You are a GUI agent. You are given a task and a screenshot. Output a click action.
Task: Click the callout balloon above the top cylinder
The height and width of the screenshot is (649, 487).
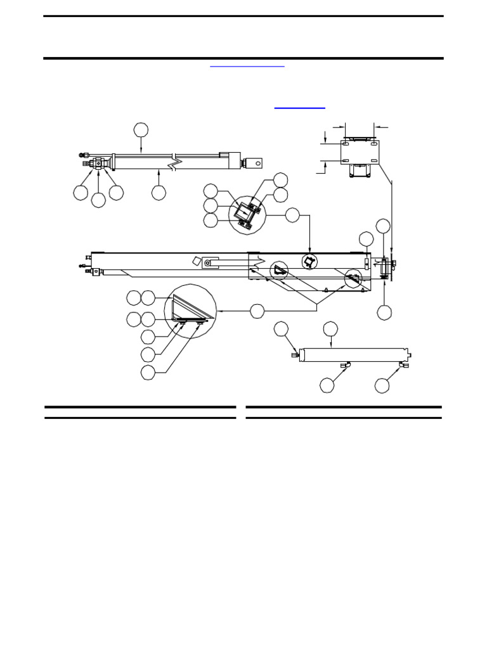(141, 130)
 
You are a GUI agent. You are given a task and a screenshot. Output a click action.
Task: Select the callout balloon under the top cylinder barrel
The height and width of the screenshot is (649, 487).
(159, 192)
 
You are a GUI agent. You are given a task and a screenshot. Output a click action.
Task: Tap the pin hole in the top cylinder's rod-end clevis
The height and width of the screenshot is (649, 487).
(258, 164)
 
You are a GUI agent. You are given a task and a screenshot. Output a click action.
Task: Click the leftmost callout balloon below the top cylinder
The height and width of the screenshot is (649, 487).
(81, 192)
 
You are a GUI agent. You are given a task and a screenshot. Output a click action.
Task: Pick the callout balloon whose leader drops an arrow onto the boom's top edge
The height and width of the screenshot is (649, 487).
(292, 215)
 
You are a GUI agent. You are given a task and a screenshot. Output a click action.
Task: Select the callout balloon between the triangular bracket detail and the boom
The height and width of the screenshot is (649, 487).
(257, 311)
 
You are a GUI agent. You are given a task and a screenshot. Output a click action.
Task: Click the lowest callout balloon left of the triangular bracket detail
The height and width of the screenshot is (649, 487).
(148, 373)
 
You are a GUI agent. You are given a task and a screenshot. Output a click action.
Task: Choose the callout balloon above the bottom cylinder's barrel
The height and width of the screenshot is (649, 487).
(330, 328)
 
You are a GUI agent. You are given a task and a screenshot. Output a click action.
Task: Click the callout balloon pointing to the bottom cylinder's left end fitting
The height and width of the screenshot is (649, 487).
(282, 328)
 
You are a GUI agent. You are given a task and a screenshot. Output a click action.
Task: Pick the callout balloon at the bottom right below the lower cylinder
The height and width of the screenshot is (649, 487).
(382, 385)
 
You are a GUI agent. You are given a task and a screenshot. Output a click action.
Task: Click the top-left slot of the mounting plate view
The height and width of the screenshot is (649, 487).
(347, 145)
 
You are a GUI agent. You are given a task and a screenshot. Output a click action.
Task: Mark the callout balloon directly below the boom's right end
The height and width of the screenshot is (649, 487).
(384, 312)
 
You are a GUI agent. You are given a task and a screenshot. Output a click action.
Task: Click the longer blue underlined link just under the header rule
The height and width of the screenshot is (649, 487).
(247, 65)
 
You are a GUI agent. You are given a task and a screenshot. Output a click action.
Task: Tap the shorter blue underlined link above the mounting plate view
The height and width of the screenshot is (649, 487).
(300, 108)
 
